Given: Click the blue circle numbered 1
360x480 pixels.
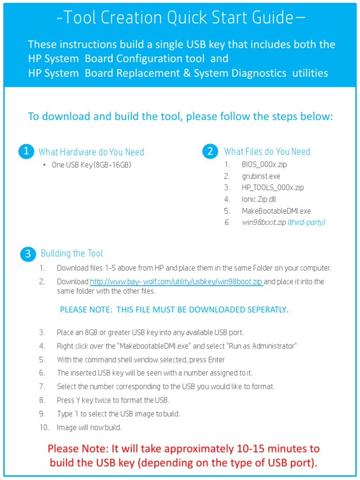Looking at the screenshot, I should (x=26, y=151).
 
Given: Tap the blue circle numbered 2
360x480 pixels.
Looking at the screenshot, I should (x=210, y=151).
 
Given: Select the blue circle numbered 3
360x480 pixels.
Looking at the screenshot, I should (x=28, y=254).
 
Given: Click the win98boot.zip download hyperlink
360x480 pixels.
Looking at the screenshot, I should (x=176, y=282).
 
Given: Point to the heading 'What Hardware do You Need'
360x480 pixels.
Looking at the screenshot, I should (x=91, y=152).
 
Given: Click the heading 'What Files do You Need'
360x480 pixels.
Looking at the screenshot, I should (x=267, y=151).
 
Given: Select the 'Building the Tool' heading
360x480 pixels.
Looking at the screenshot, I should (x=72, y=254).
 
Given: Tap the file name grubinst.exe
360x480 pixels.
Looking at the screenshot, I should (x=261, y=176).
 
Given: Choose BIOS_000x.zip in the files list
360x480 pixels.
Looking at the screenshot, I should (x=263, y=165).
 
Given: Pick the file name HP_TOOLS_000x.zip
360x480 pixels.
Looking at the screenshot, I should (x=273, y=187).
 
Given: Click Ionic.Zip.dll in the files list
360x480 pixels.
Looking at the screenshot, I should (x=259, y=199).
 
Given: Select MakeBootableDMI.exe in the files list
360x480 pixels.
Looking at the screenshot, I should (x=276, y=211).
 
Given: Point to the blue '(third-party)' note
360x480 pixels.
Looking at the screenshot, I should (x=306, y=223).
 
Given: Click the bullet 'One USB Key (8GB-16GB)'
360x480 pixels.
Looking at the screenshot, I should (x=91, y=165).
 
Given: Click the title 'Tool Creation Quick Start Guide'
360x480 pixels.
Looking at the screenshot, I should (x=180, y=18).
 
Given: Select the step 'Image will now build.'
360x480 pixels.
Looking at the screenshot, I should (x=89, y=427).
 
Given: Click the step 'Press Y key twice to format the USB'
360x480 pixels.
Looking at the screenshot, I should (x=113, y=400).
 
